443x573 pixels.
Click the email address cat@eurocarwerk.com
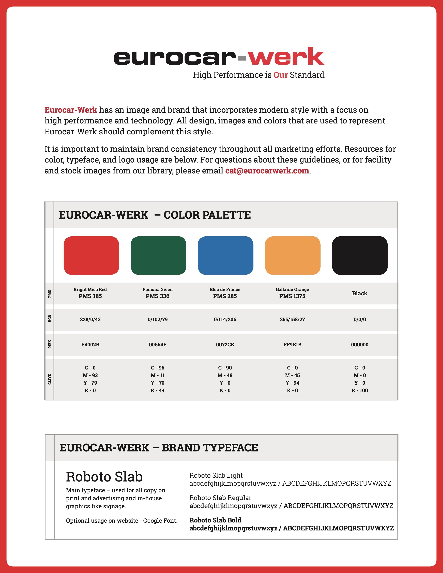point(267,171)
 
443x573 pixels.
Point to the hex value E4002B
point(90,344)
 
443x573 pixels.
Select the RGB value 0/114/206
point(225,319)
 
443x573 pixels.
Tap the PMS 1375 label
point(292,296)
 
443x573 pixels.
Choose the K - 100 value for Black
point(360,390)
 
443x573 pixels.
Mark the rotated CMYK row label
point(50,379)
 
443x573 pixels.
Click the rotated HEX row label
point(50,344)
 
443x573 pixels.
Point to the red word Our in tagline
point(281,75)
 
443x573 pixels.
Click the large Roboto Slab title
point(104,476)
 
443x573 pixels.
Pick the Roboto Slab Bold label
point(215,520)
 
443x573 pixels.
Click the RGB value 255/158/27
point(292,319)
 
